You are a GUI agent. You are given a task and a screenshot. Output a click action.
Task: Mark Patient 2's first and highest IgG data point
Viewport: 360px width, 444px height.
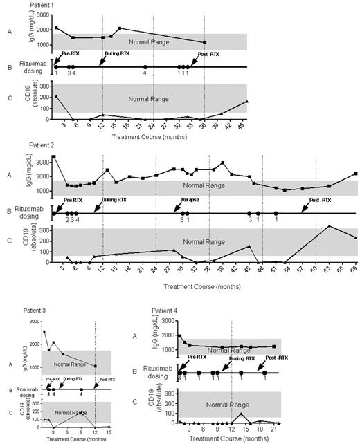click(53, 157)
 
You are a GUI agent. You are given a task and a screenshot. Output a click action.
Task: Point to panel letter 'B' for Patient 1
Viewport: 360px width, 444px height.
click(9, 67)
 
